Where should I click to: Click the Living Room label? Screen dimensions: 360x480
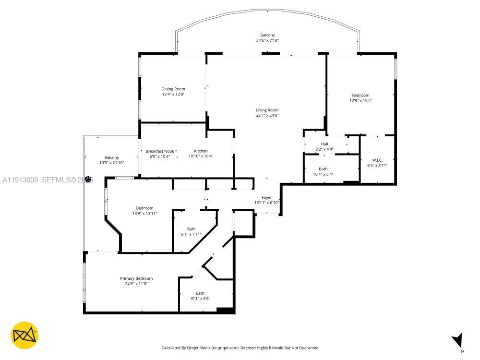[267, 110]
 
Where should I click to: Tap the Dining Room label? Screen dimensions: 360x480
[173, 89]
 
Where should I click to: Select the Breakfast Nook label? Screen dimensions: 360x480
[160, 151]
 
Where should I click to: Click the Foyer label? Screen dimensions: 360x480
[266, 197]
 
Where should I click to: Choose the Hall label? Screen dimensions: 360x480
[324, 144]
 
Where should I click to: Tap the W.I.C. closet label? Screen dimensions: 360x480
[377, 160]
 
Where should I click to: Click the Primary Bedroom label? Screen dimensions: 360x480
[136, 278]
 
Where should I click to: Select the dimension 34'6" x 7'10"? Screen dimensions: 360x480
[267, 41]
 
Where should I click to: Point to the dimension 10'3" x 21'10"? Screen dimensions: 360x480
[112, 163]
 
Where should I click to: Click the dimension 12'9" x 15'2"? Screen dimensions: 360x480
[360, 101]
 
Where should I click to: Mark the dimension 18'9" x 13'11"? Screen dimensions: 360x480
[144, 213]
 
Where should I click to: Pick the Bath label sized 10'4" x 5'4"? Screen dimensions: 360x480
[323, 168]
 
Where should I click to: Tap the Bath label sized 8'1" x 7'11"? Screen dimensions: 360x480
[191, 229]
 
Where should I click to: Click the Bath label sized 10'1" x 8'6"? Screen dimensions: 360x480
[200, 293]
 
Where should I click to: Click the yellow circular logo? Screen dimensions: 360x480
[24, 335]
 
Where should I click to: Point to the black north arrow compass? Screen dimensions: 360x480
[457, 340]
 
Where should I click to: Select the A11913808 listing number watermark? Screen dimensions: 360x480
[20, 180]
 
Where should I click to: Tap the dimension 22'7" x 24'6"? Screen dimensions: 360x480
[267, 116]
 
